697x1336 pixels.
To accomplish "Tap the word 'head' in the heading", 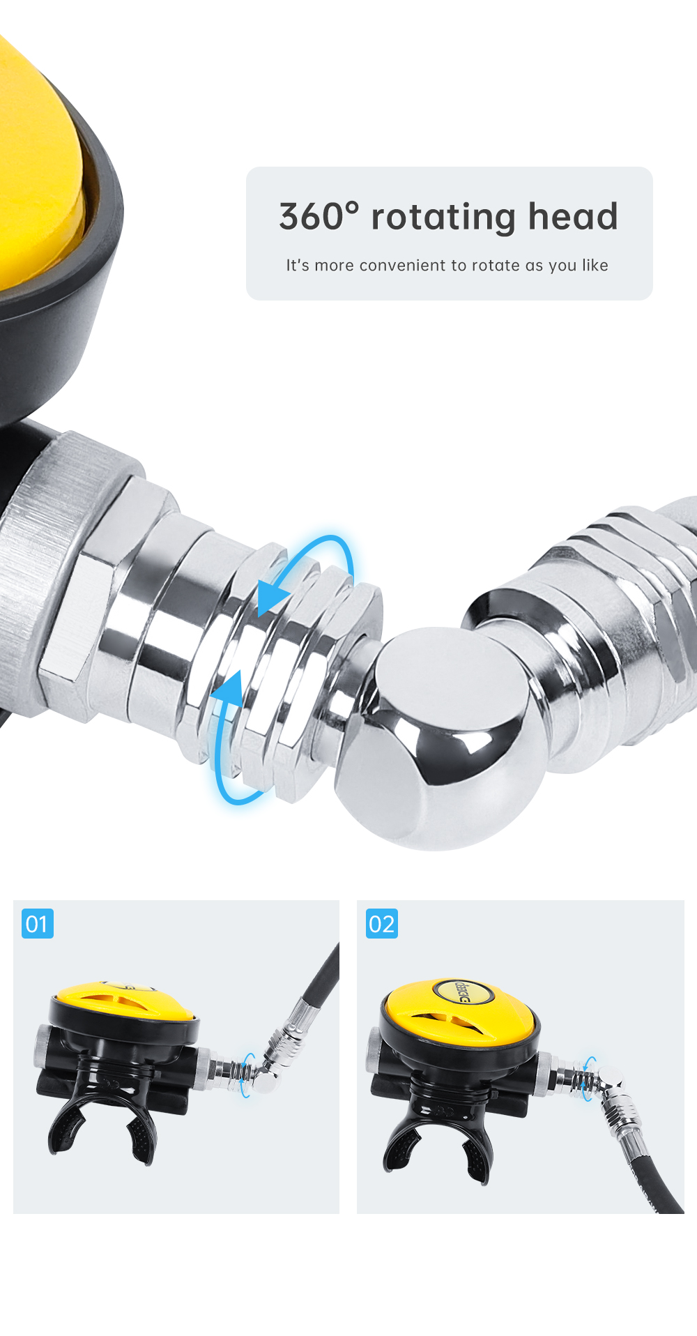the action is click(x=573, y=216).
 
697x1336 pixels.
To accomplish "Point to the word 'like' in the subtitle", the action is click(x=595, y=265).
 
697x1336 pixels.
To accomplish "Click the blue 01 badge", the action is click(x=38, y=924).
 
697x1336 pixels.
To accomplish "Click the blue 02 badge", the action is click(x=382, y=924).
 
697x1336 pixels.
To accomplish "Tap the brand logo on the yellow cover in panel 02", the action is click(x=462, y=991).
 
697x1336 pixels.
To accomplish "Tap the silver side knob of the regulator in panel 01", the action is click(x=42, y=1046).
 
